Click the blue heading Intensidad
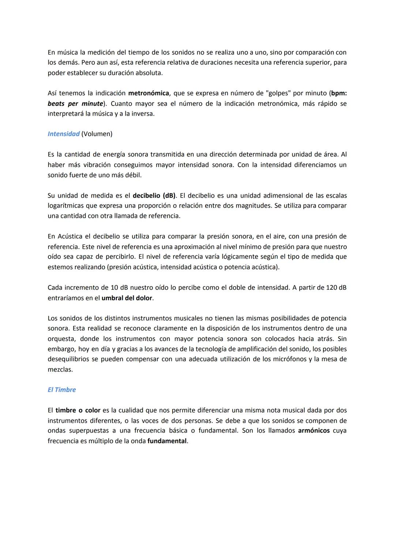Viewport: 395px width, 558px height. click(x=64, y=134)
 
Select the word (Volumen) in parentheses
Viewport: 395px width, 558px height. click(x=97, y=134)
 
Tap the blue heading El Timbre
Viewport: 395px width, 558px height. click(x=62, y=390)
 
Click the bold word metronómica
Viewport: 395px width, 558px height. click(x=148, y=93)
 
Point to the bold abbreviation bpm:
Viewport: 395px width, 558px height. click(x=339, y=93)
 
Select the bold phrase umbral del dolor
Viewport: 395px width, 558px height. click(x=127, y=298)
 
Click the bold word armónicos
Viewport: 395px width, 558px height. click(x=314, y=430)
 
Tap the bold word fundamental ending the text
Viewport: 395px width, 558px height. click(x=167, y=441)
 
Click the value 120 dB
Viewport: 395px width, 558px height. click(x=336, y=288)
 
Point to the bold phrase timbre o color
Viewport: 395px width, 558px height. click(x=78, y=410)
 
